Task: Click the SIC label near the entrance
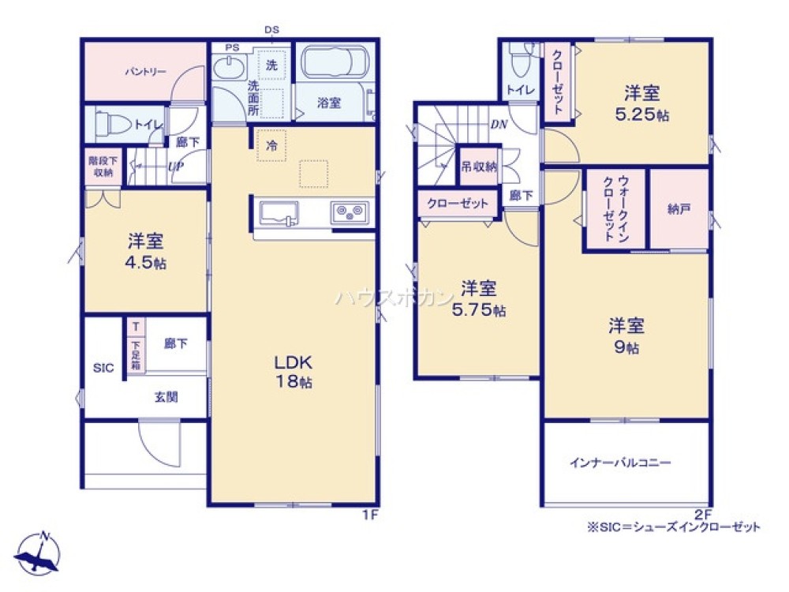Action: [103, 368]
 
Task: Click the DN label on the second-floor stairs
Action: [498, 124]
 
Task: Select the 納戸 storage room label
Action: [678, 209]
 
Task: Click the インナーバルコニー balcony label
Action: [620, 463]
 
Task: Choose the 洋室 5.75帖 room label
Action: [478, 298]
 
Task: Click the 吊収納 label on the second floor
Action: [478, 167]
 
